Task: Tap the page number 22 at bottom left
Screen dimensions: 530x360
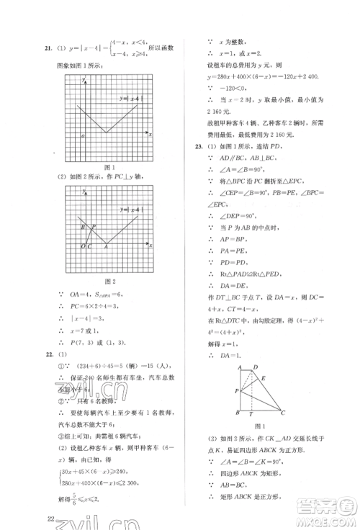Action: pos(49,518)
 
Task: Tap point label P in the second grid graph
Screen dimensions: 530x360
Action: pos(93,229)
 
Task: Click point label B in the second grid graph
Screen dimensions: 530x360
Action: pos(83,228)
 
